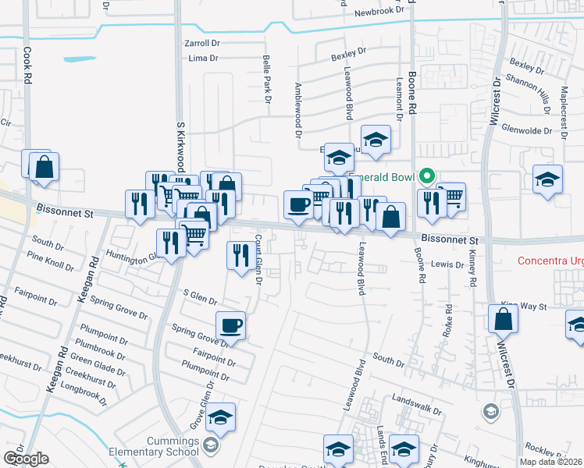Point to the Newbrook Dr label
tap(382, 12)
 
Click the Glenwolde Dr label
tap(529, 129)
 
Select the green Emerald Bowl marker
tap(426, 176)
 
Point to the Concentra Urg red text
tap(550, 260)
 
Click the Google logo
tap(26, 459)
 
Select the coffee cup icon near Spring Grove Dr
tap(231, 326)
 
